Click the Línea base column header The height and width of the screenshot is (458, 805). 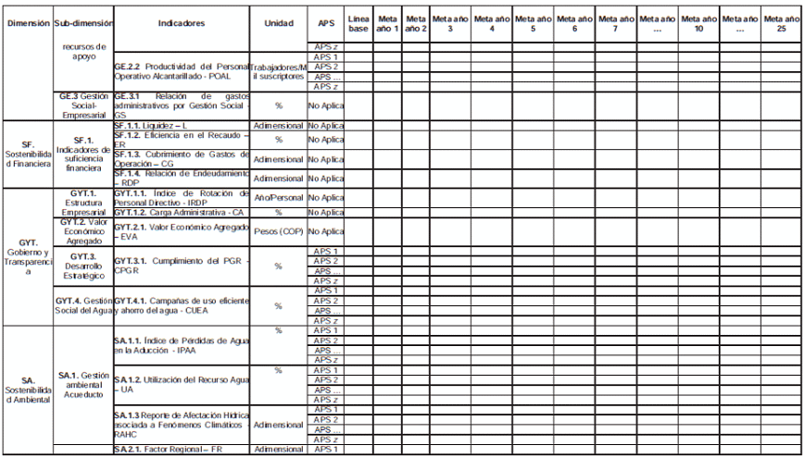coord(358,23)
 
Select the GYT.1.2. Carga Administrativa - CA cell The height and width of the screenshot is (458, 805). coord(172,212)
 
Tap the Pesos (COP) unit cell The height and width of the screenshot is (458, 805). coord(279,231)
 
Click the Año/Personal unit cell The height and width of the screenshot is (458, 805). coord(279,197)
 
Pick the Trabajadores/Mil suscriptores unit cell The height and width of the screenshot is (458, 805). coord(279,72)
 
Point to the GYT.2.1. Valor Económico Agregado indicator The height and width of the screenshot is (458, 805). coord(182,231)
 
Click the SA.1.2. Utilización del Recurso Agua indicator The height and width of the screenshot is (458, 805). coord(182,385)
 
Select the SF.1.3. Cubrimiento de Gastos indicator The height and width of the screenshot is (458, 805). coord(182,158)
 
